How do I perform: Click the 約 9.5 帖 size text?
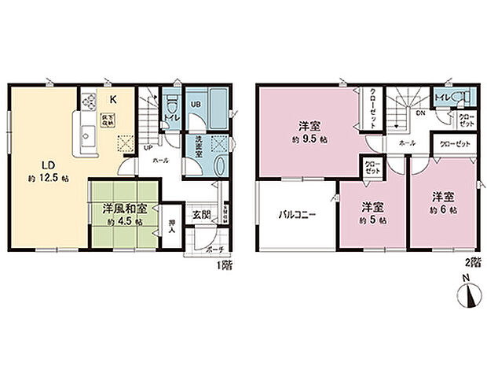307,139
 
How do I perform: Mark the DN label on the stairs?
420,113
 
